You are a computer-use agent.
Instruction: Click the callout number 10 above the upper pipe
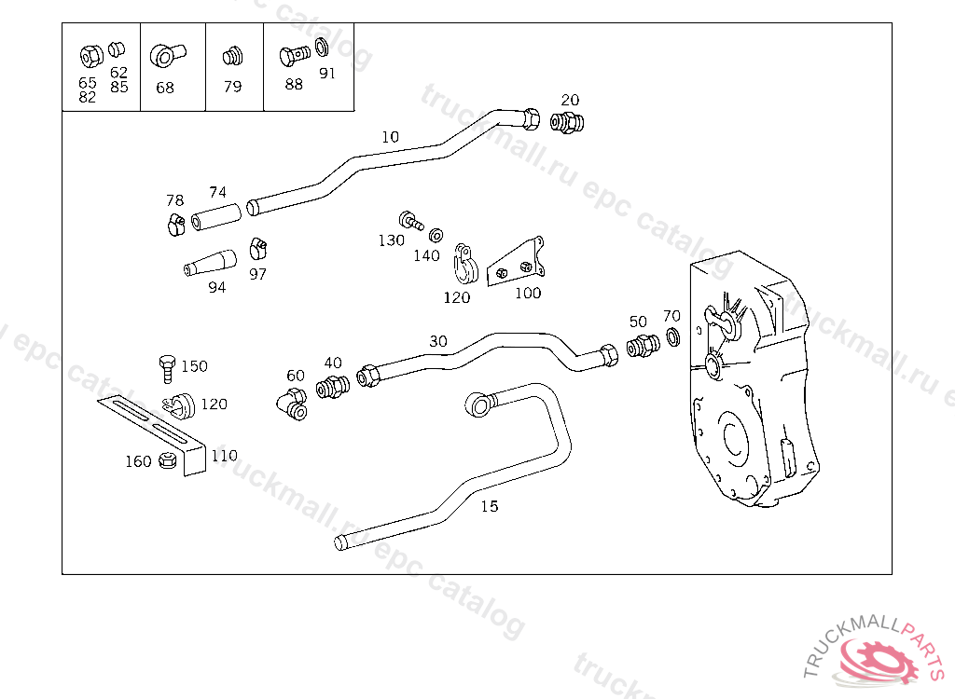point(391,137)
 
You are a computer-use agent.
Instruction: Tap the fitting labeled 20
point(567,122)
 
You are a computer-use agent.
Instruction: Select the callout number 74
point(217,192)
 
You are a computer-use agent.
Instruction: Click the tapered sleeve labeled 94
point(210,263)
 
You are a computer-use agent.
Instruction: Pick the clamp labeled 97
point(257,249)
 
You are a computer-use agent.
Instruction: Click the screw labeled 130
point(411,220)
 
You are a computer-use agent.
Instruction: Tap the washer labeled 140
point(436,235)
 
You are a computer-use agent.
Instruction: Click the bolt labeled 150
point(168,369)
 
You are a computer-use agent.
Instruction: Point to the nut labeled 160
point(167,460)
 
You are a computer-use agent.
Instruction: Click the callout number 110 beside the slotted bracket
point(224,456)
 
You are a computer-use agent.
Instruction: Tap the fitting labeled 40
point(333,387)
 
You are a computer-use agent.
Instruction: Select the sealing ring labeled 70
point(673,336)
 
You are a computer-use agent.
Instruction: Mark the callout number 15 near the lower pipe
point(489,506)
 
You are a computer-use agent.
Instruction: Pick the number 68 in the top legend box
point(165,88)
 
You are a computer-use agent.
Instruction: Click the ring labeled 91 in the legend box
point(322,47)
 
